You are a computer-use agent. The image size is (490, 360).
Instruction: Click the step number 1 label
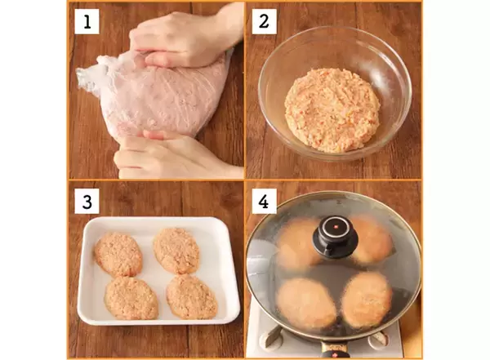click(87, 21)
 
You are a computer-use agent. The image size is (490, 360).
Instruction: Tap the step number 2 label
click(264, 21)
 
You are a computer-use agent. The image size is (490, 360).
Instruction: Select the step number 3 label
click(87, 202)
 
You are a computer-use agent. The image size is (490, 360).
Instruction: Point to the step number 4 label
click(264, 202)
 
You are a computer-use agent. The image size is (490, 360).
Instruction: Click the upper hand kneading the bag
click(185, 39)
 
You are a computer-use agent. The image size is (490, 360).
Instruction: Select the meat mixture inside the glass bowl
click(332, 110)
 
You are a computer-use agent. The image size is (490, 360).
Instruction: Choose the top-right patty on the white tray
click(176, 251)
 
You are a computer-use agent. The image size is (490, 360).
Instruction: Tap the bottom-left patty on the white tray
click(131, 298)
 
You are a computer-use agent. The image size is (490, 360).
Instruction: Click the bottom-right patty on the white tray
click(192, 296)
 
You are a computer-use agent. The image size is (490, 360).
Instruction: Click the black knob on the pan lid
click(336, 237)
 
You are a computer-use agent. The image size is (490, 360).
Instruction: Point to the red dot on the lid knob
click(336, 226)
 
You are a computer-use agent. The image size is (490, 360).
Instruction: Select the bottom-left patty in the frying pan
click(302, 303)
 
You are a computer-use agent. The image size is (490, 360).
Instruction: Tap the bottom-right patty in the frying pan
click(367, 300)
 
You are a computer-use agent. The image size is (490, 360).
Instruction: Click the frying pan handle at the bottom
click(334, 350)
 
